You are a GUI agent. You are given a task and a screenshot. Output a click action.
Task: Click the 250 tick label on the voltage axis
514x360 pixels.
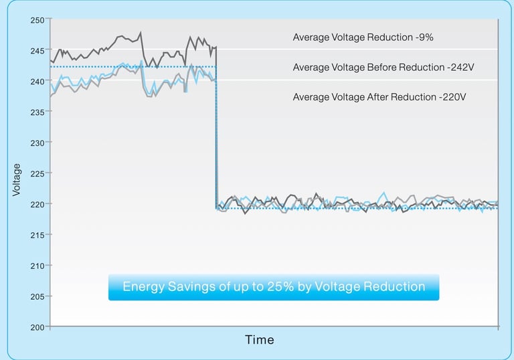point(37,20)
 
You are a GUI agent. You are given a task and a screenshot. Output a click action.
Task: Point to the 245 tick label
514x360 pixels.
point(37,51)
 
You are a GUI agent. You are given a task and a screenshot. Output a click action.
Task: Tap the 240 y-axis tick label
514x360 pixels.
point(37,82)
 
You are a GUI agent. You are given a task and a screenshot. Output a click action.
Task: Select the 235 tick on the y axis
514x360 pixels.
point(37,112)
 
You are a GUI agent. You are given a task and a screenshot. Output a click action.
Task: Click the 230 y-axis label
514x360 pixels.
point(37,143)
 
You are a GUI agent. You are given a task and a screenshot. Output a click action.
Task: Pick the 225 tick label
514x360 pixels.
point(37,174)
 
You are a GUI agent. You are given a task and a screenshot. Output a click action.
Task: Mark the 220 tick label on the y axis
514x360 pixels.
point(37,204)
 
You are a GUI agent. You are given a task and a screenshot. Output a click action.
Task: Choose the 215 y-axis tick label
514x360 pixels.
point(37,235)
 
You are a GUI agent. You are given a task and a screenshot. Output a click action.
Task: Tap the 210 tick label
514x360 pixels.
point(37,266)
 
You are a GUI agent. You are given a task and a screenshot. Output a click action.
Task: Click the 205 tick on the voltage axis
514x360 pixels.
point(37,296)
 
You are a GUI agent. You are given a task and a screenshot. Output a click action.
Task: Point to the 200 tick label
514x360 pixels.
point(37,327)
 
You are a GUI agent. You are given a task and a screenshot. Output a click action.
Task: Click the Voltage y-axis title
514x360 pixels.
point(17,180)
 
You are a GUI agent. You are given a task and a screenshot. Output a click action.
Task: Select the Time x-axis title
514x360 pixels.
point(259,340)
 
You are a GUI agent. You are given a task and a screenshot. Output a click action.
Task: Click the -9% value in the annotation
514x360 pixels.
point(424,37)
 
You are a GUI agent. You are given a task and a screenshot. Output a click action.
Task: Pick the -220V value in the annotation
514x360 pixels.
point(452,98)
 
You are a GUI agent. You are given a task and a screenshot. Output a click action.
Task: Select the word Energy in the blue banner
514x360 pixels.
point(142,287)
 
